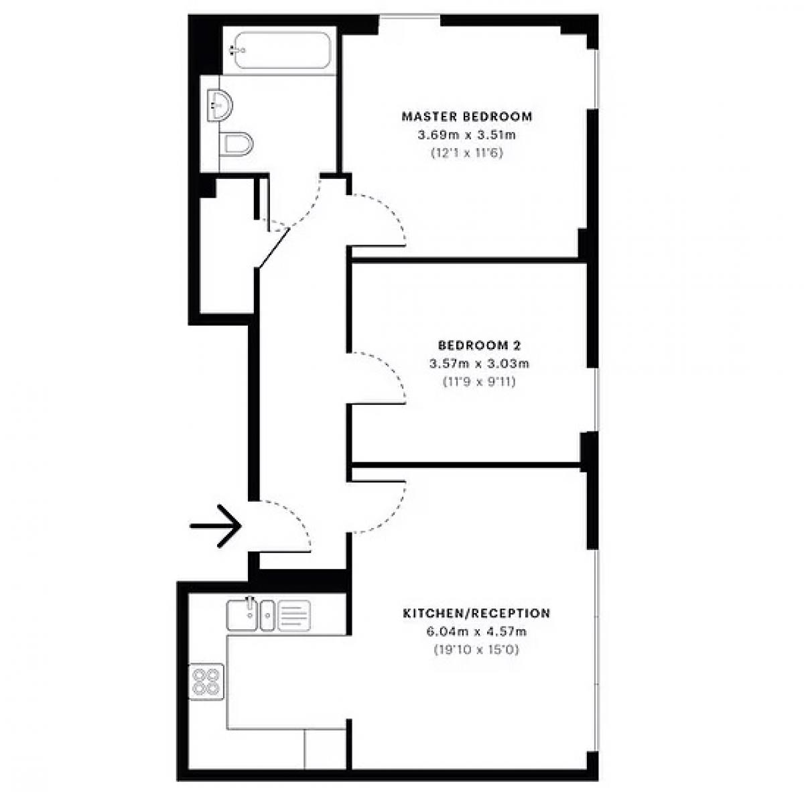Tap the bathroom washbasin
(220, 105)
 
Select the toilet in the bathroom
(237, 144)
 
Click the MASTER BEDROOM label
(467, 117)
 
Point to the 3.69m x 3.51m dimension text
(467, 135)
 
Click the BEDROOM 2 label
(480, 345)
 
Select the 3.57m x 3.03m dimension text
(480, 363)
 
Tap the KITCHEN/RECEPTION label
(476, 613)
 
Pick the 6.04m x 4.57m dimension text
(476, 631)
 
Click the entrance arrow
(216, 526)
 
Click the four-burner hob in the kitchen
(206, 681)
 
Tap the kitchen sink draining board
(294, 615)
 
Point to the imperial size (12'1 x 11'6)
(467, 153)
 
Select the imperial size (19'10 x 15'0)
(476, 650)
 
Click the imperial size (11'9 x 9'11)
(480, 382)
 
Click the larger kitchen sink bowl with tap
(242, 614)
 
